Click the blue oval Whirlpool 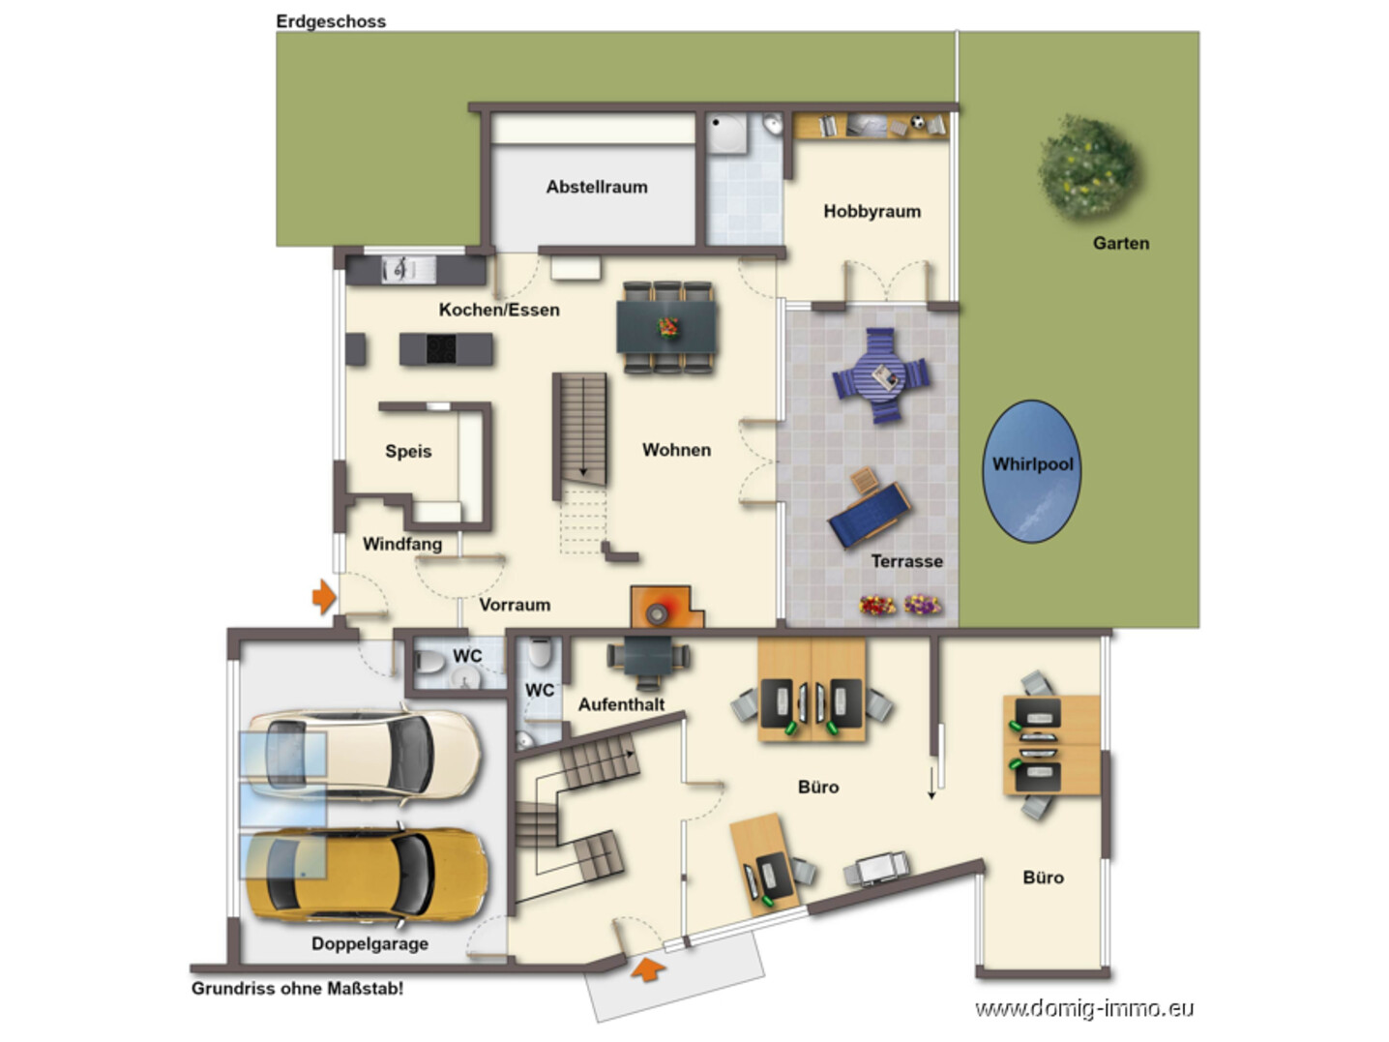click(x=1031, y=471)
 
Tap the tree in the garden click(x=1088, y=167)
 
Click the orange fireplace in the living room click(x=665, y=608)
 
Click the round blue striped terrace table click(x=880, y=375)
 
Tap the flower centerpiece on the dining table click(x=667, y=327)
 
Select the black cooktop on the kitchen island click(x=441, y=349)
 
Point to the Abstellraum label click(x=597, y=188)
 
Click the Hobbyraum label click(x=872, y=211)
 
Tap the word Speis click(x=408, y=451)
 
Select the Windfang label click(x=402, y=544)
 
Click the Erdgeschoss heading click(x=331, y=21)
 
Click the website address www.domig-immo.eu click(x=1084, y=1008)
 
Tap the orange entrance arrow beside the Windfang click(x=324, y=597)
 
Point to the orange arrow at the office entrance click(x=648, y=969)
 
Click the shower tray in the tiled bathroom click(x=726, y=133)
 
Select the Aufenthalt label click(x=621, y=704)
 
